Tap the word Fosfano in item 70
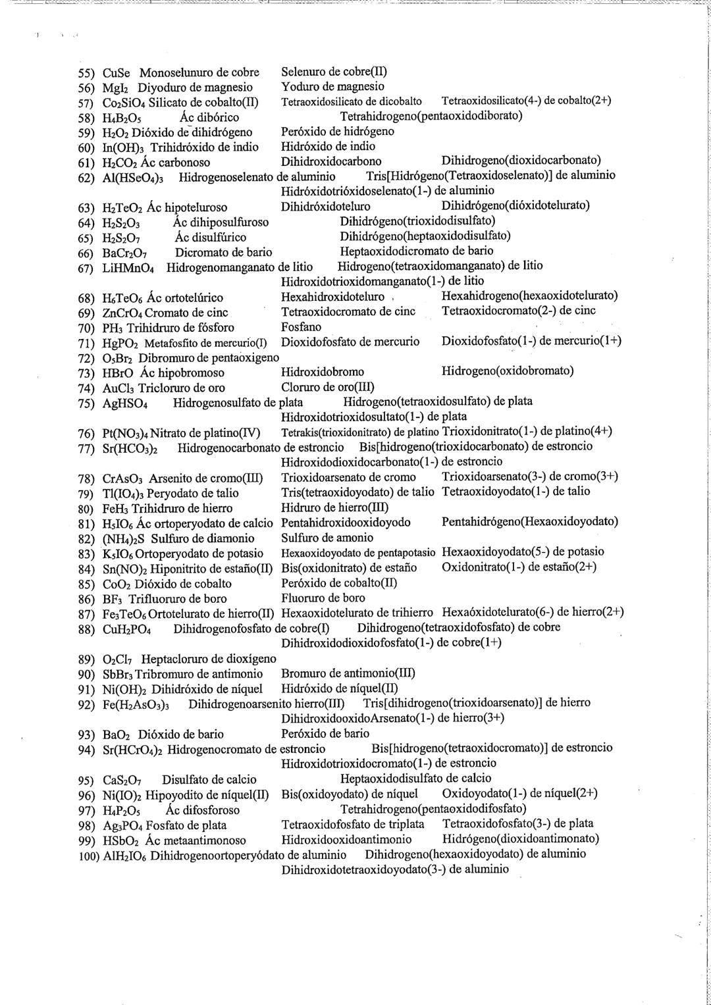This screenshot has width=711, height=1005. (x=301, y=327)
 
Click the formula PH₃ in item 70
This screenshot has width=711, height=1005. (x=114, y=328)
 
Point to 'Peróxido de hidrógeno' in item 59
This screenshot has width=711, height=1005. (x=338, y=131)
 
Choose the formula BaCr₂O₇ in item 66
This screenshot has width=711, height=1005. (x=126, y=252)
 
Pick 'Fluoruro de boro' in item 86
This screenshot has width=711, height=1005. (x=323, y=598)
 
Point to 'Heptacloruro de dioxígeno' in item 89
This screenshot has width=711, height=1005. (x=209, y=659)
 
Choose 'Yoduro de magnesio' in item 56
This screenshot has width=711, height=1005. (x=332, y=86)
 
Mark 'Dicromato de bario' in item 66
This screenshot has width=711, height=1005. (x=223, y=252)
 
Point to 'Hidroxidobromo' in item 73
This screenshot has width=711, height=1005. (x=323, y=371)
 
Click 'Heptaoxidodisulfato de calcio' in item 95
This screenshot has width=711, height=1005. (x=415, y=779)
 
